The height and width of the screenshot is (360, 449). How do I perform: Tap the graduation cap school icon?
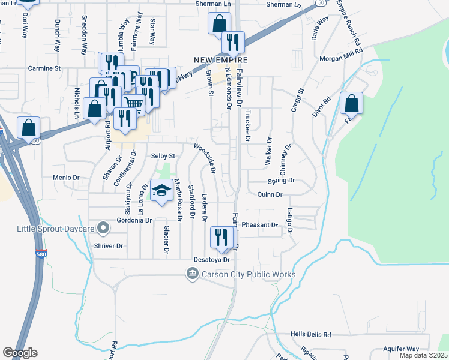coord(161,191)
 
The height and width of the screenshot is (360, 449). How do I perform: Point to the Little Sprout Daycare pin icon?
coord(104,228)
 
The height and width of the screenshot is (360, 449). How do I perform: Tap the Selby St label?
coord(163,156)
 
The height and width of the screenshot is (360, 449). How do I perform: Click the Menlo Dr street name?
coord(66,178)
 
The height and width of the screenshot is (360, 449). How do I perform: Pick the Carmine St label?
coord(45,69)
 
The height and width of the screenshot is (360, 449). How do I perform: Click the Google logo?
coord(20,353)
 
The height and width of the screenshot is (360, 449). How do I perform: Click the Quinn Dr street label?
coord(269,194)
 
